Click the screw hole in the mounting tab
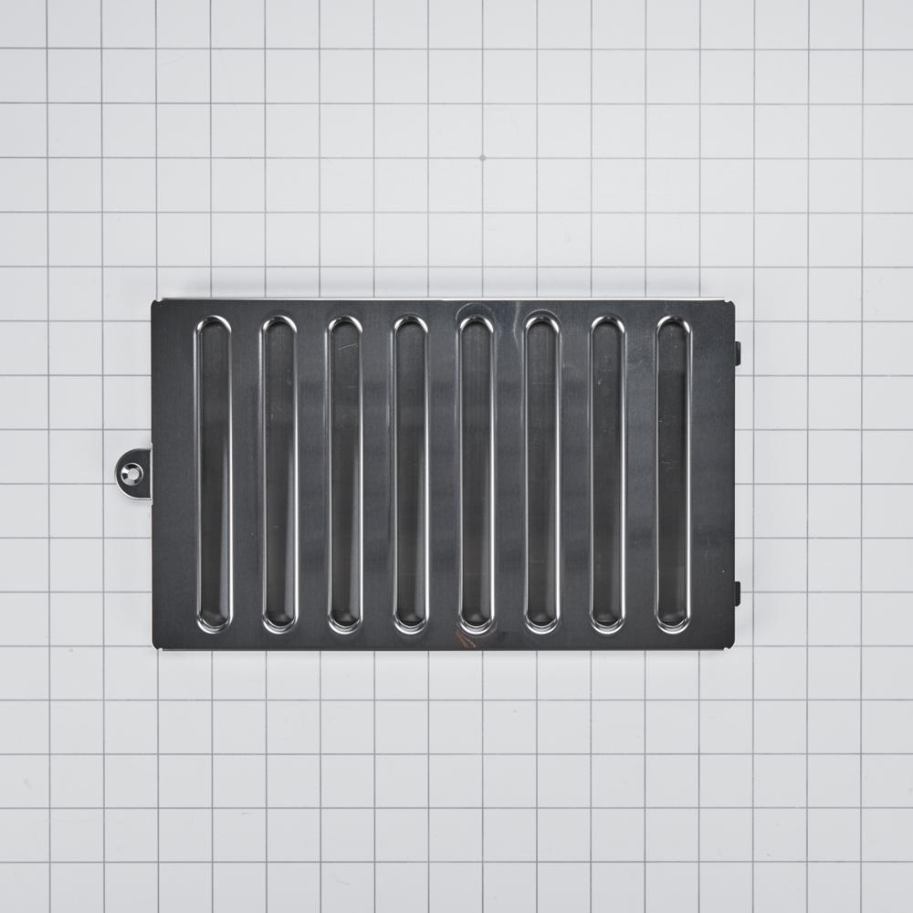(134, 473)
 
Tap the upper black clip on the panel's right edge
(737, 353)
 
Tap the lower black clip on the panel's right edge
(737, 593)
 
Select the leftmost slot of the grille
(214, 475)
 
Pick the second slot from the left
(279, 475)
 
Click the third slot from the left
(345, 475)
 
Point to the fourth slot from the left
(411, 475)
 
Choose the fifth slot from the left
(477, 475)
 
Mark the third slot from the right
(542, 475)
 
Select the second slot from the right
(608, 475)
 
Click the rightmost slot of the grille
(674, 475)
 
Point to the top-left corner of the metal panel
(154, 302)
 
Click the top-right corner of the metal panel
(733, 302)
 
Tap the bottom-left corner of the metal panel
(154, 647)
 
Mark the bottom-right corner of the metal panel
(733, 647)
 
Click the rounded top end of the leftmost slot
(214, 327)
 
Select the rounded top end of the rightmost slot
(674, 327)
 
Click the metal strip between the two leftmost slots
(247, 475)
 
